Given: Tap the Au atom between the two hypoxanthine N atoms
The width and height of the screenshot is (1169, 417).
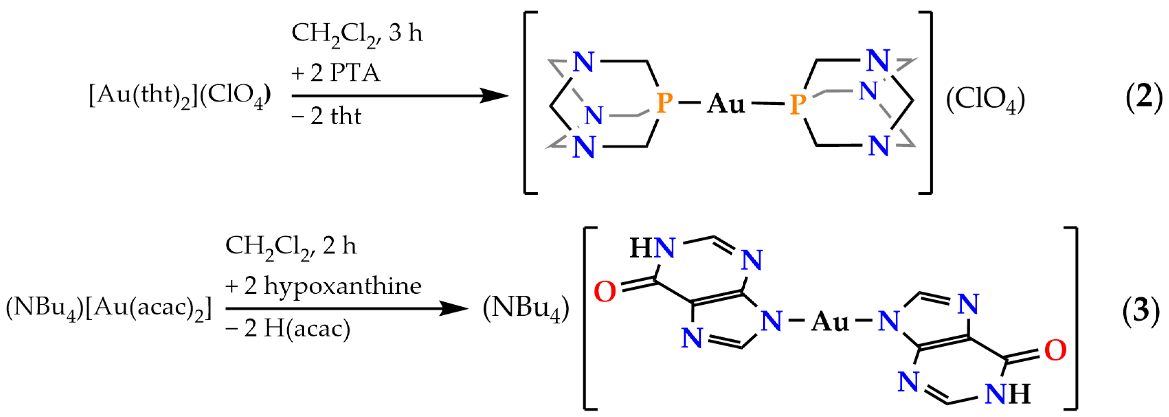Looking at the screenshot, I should tap(830, 322).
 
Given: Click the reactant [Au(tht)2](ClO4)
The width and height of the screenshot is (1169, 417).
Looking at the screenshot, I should tap(180, 96).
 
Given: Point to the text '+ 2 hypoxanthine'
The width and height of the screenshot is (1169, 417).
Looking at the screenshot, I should tap(323, 286).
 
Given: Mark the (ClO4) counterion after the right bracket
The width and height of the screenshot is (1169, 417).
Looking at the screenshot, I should tap(985, 99).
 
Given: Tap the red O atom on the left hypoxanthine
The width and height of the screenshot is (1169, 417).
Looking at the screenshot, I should tap(604, 291).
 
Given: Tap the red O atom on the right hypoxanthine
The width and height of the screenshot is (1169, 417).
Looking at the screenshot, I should tap(1055, 350).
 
